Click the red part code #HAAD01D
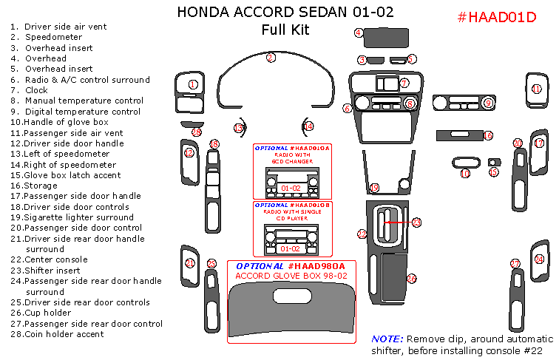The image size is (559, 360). click(x=496, y=18)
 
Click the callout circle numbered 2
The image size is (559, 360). click(x=271, y=57)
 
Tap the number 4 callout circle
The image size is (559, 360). click(x=359, y=33)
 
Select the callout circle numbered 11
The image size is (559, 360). click(x=536, y=89)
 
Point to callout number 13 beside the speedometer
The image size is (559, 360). click(x=238, y=128)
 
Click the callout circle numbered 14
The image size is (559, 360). click(x=308, y=126)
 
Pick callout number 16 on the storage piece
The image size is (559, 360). click(x=488, y=135)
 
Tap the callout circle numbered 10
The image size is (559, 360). click(x=465, y=174)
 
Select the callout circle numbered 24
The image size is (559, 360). click(x=539, y=259)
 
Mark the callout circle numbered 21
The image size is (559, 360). click(x=189, y=262)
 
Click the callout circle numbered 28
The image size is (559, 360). click(x=196, y=132)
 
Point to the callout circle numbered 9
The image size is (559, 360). click(x=488, y=103)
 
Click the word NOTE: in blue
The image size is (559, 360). click(x=387, y=338)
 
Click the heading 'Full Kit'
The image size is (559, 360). click(x=285, y=30)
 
